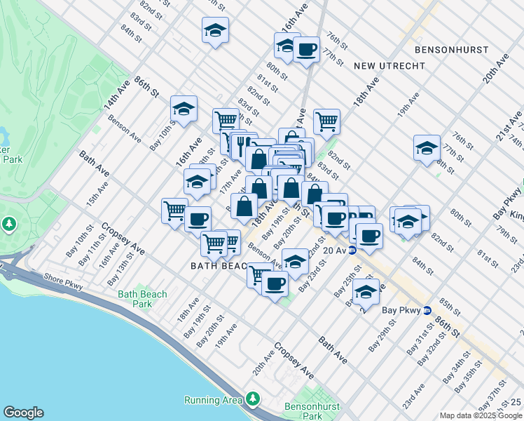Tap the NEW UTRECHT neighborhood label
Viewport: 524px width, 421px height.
coord(389,65)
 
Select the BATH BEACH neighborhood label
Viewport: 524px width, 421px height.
coord(219,267)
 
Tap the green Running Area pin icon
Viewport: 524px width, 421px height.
coord(252,399)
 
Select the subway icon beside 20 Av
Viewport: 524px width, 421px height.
coord(352,250)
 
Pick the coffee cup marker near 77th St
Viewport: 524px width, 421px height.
coord(306,49)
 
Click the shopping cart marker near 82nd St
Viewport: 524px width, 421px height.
coord(326,121)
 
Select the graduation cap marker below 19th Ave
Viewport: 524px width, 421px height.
coord(427,148)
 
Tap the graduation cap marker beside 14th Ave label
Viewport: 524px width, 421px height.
coord(184,109)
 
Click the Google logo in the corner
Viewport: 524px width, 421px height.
coord(23,413)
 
